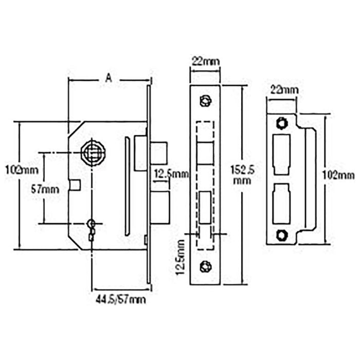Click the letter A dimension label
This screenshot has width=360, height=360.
click(x=108, y=78)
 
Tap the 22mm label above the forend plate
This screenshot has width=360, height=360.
click(x=206, y=62)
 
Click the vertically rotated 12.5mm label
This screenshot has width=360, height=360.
click(x=181, y=257)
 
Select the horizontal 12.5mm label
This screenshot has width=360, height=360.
click(x=172, y=175)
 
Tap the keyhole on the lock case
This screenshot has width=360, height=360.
click(x=92, y=227)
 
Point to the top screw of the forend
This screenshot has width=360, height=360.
click(x=206, y=100)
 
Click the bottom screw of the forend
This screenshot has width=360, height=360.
click(x=206, y=266)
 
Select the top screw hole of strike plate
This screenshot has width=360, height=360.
click(x=281, y=123)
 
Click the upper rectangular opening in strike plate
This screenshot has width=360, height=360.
click(x=281, y=153)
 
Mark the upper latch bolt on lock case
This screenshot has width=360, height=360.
click(x=160, y=153)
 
